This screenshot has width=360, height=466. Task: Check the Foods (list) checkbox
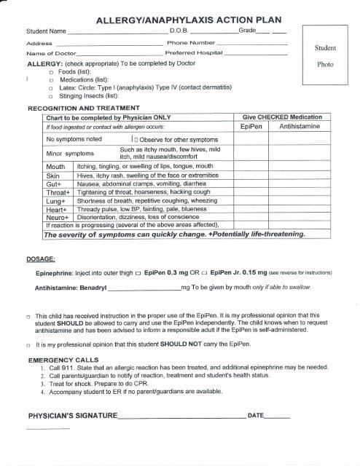click(x=51, y=73)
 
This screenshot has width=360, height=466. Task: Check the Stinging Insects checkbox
click(x=51, y=96)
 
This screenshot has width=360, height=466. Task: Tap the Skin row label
click(x=52, y=175)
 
